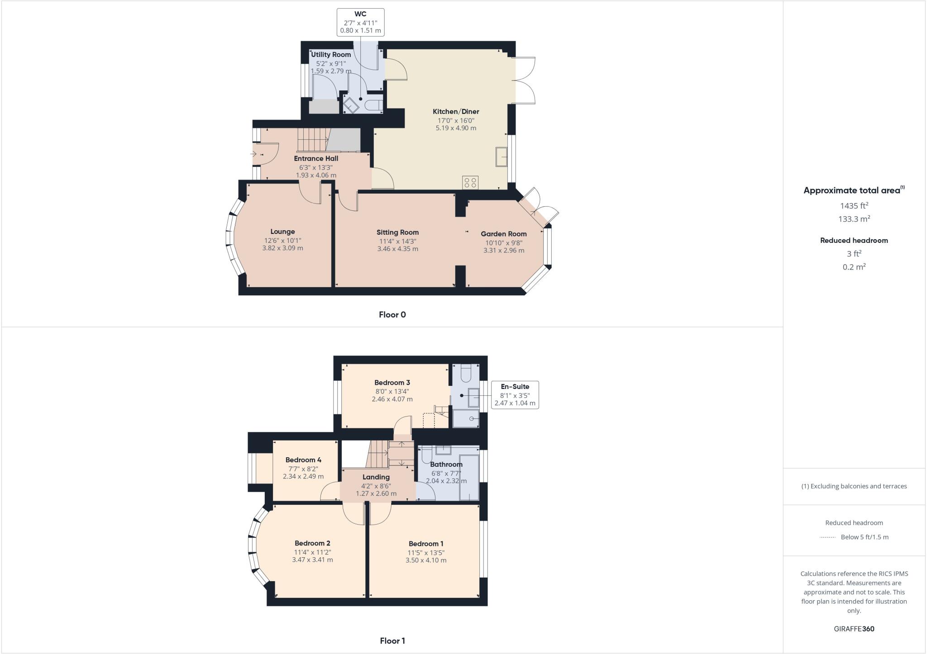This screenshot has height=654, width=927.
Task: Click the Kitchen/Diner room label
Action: [456, 111]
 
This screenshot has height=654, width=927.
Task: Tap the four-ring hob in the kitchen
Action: [470, 183]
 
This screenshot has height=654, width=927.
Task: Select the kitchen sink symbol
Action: [502, 156]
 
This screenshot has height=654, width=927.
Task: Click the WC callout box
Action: [360, 22]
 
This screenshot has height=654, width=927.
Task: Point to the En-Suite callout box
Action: [515, 395]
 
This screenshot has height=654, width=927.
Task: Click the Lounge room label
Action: [282, 232]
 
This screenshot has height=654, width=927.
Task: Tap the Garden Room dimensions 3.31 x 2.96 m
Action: [504, 250]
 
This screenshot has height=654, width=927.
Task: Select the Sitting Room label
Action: [397, 232]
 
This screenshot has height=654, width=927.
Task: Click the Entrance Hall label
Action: [316, 158]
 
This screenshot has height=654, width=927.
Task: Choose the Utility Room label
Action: [331, 54]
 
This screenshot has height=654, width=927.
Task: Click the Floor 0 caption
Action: [392, 315]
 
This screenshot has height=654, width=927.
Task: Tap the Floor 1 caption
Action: [392, 640]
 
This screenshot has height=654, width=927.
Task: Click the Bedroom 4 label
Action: [303, 460]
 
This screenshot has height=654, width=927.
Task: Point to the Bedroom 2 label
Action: [312, 543]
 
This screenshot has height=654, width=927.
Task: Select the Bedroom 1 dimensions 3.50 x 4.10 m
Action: [426, 560]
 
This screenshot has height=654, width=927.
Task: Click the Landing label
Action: [376, 477]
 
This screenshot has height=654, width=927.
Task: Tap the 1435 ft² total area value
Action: [854, 206]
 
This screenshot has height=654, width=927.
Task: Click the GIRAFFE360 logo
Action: [854, 629]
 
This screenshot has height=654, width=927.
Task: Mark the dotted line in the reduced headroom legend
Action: [827, 537]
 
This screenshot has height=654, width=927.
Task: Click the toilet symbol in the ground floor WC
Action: [373, 105]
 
